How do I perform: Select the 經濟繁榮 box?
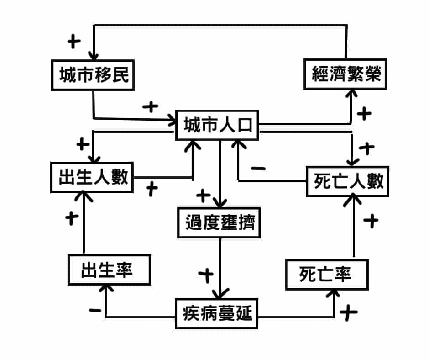[x=345, y=74]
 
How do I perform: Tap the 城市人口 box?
[x=217, y=126]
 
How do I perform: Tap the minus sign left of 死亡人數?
[x=258, y=169]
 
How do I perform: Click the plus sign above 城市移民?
[x=73, y=42]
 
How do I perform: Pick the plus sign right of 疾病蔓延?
[x=349, y=313]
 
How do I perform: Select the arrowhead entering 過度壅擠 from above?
[x=221, y=204]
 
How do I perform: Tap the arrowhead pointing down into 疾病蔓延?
[x=221, y=294]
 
